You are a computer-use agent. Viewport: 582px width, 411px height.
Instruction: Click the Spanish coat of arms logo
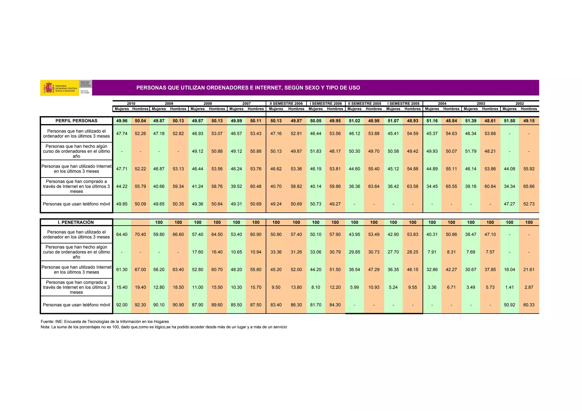coord(49,87)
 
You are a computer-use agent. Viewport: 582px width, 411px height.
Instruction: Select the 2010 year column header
coord(131,104)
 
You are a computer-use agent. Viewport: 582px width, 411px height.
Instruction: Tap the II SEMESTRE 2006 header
coord(286,104)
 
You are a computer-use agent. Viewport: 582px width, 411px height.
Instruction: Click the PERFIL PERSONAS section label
coord(76,121)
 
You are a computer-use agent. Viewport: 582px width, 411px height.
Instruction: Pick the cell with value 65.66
coord(529,187)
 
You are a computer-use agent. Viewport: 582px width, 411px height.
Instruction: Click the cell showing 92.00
coord(122,305)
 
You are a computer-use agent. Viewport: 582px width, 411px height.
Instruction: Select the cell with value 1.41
coord(509,287)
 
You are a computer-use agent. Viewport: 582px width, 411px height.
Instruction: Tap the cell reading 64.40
coord(122,235)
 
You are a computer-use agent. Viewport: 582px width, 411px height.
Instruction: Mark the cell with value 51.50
coord(509,121)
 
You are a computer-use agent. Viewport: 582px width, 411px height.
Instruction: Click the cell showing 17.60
coord(198,252)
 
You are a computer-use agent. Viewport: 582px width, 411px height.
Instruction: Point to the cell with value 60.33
coord(529,305)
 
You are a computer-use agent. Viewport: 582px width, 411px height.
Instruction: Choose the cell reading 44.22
coord(122,187)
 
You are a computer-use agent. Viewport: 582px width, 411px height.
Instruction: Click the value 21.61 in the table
coord(529,270)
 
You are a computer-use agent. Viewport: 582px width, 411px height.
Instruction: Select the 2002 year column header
coord(519,104)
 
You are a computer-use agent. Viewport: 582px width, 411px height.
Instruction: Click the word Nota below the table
coord(45,327)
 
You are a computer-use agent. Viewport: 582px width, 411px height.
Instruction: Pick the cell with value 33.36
coord(276,252)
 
